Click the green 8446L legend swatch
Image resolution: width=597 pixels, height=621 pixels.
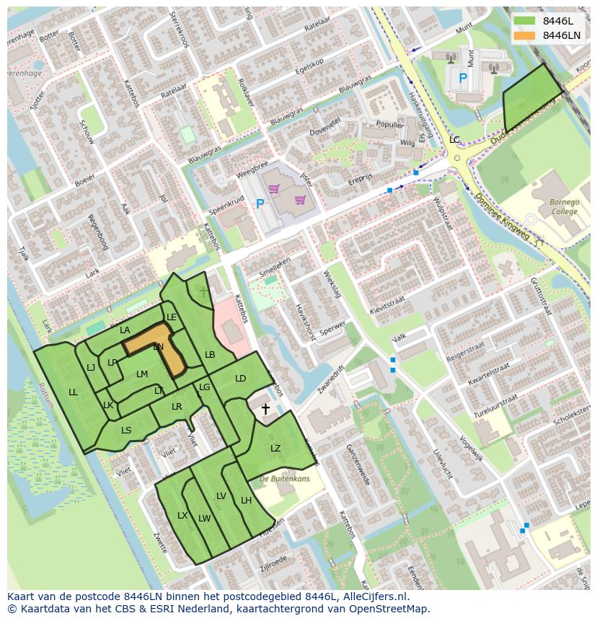coord(525,21)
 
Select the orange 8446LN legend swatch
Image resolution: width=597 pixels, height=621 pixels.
coord(525,35)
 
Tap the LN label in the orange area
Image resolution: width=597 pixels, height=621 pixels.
coord(159,347)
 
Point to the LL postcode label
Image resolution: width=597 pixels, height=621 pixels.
coord(73,392)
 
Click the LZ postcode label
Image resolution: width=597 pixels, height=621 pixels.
coord(275,449)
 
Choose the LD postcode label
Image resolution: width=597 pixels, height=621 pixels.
coord(240,379)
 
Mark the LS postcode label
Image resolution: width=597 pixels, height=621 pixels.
coord(126,431)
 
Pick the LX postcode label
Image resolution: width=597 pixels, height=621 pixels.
coord(182,516)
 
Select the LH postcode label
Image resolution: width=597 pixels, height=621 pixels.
coord(246,501)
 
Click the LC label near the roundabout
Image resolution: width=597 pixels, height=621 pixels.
coord(454,139)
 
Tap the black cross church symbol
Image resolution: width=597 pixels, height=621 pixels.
coord(265,410)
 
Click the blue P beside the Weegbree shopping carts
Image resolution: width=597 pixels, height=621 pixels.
coord(260,204)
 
